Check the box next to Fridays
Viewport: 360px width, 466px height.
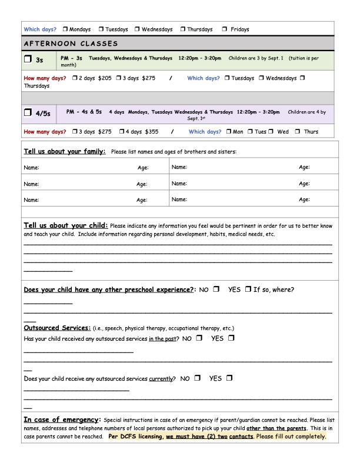225,29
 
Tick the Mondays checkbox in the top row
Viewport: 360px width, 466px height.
65,29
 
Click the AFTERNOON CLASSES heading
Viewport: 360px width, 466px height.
71,44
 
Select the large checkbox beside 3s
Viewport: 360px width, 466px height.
28,59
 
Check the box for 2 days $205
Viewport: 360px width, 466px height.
75,78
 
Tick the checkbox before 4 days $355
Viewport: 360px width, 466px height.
122,132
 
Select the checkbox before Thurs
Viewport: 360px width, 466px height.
298,132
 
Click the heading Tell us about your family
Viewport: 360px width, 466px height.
65,151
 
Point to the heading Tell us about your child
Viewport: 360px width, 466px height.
66,225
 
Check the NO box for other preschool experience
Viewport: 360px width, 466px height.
216,289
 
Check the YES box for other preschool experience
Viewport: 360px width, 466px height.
248,289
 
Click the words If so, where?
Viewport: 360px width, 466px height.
274,289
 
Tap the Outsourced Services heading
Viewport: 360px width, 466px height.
57,328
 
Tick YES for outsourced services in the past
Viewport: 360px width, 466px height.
231,338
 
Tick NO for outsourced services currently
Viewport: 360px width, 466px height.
197,378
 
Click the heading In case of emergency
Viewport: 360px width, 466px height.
62,420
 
